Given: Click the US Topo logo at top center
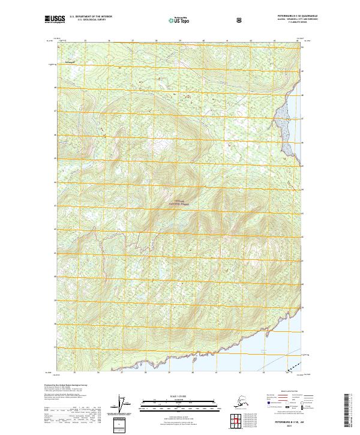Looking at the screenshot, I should pos(181,20).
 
